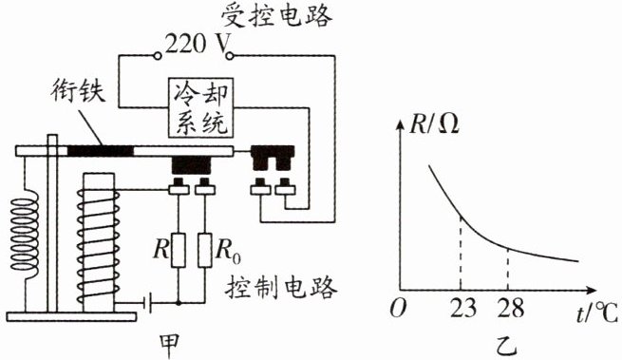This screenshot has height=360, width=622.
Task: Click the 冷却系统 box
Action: (x=200, y=108)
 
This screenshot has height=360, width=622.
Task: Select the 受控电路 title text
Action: (x=276, y=17)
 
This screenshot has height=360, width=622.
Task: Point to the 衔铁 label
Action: (x=78, y=90)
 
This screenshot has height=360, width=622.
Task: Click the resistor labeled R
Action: (x=179, y=251)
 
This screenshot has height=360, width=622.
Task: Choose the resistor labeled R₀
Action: (x=205, y=251)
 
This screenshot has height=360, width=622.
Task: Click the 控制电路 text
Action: (x=281, y=287)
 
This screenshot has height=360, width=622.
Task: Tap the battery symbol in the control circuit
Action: (x=149, y=304)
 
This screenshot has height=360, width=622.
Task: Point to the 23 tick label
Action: (x=462, y=308)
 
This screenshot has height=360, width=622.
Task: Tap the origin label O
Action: (x=398, y=308)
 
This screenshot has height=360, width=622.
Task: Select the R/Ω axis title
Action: (x=434, y=124)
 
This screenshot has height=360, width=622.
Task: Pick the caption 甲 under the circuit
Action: (x=169, y=346)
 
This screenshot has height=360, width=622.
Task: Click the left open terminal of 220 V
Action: (x=158, y=56)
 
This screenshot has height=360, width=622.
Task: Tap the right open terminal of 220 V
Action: (x=229, y=56)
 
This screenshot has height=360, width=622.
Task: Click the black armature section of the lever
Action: (x=101, y=151)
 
